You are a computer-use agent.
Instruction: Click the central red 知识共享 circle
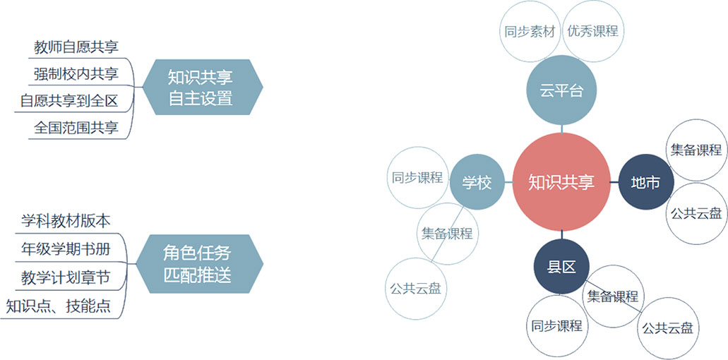click(561, 182)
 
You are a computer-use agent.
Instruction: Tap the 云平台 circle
click(561, 90)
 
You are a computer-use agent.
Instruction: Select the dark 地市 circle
click(645, 183)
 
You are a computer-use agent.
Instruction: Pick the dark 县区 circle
click(561, 267)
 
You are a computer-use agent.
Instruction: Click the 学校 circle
click(477, 183)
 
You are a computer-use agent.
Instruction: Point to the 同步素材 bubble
click(530, 31)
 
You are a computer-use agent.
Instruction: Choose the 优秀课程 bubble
click(592, 31)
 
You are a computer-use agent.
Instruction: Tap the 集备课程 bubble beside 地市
click(696, 150)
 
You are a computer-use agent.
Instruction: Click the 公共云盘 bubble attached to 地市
click(696, 213)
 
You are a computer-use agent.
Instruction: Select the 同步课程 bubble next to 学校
click(417, 177)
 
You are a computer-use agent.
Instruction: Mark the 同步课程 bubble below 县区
click(556, 326)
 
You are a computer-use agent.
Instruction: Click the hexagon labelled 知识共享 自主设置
click(201, 88)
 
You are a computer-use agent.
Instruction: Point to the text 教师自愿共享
click(76, 47)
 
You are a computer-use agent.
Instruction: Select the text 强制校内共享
click(76, 74)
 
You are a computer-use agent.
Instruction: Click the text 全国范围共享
click(76, 128)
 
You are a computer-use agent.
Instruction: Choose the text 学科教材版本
click(66, 221)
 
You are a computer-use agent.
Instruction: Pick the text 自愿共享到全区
click(69, 101)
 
